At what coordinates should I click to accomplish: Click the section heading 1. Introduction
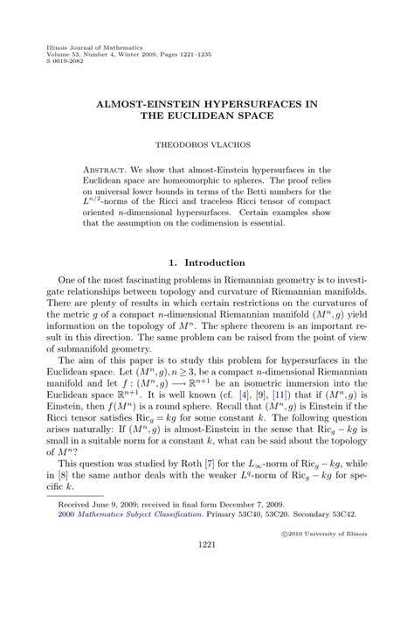coord(207,262)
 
